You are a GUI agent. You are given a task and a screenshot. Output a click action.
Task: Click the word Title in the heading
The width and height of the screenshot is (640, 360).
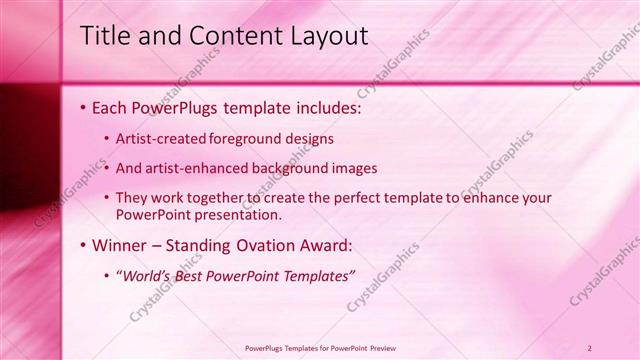tap(104, 36)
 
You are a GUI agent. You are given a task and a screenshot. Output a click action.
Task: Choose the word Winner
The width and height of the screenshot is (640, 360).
tap(122, 245)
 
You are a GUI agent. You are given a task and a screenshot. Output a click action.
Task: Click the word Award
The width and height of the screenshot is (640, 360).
tap(329, 245)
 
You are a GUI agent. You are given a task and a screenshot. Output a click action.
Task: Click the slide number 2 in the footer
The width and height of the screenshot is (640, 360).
tap(590, 348)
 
